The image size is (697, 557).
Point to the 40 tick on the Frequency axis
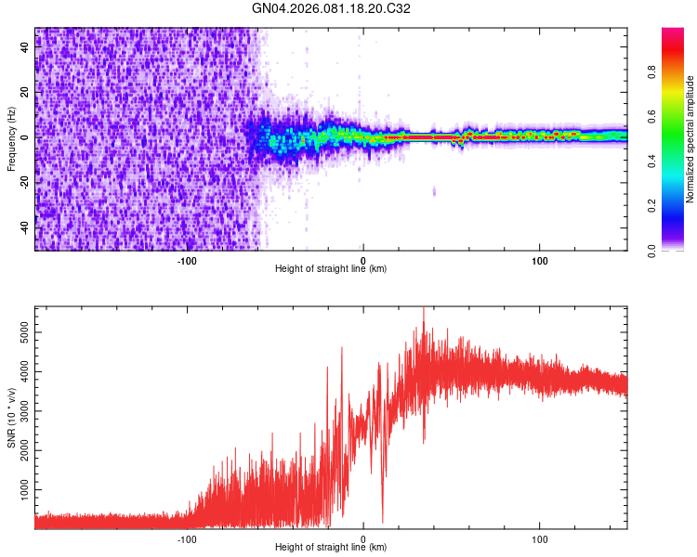[x=25, y=47]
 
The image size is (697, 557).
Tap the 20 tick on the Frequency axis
[x=25, y=92]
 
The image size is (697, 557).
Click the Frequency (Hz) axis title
[x=11, y=139]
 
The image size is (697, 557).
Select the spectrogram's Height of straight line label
[x=331, y=269]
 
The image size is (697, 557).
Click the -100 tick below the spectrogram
[x=187, y=260]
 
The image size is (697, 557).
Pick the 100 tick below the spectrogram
[x=540, y=260]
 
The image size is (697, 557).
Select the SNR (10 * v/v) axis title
[x=11, y=418]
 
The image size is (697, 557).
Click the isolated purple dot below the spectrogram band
[x=434, y=192]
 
